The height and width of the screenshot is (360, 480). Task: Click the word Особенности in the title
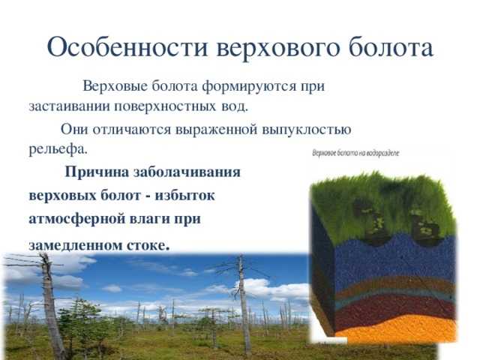pyautogui.click(x=127, y=47)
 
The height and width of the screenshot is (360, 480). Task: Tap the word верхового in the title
pyautogui.click(x=278, y=48)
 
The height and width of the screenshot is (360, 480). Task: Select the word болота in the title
pyautogui.click(x=391, y=47)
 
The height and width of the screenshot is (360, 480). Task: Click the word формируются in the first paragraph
pyautogui.click(x=249, y=86)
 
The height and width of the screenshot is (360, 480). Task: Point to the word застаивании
pyautogui.click(x=70, y=106)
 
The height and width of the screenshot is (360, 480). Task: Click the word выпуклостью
pyautogui.click(x=307, y=130)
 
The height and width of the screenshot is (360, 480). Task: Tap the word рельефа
pyautogui.click(x=58, y=150)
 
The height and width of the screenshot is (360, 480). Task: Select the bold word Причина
pyautogui.click(x=97, y=172)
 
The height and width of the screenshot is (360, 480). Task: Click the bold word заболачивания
pyautogui.click(x=187, y=172)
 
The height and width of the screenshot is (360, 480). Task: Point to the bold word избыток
pyautogui.click(x=185, y=195)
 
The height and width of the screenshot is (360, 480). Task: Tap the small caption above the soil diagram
pyautogui.click(x=355, y=153)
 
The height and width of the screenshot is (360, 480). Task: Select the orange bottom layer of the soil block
pyautogui.click(x=398, y=330)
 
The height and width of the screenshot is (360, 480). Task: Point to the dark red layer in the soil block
pyautogui.click(x=395, y=306)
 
